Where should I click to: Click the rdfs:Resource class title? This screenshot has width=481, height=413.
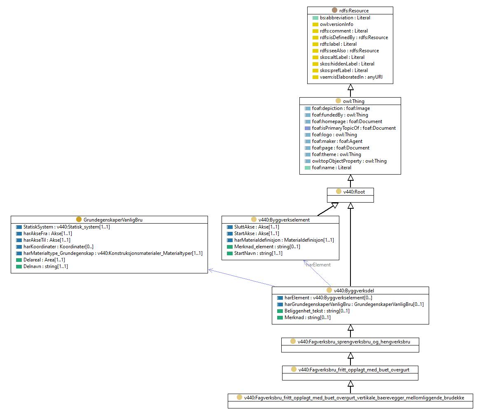(354, 11)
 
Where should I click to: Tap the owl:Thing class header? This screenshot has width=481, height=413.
(353, 101)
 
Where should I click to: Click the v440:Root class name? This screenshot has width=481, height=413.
(354, 192)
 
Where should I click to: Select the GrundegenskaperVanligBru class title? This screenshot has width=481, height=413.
(113, 220)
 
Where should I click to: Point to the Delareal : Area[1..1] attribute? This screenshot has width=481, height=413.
(44, 259)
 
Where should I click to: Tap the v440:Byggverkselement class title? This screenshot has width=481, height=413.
(284, 220)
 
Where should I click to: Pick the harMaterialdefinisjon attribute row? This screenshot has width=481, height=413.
(284, 240)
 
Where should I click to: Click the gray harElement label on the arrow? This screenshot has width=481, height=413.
(318, 265)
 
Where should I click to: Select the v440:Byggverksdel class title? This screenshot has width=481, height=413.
(354, 291)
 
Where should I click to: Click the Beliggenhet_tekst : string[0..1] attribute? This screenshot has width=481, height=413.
(317, 311)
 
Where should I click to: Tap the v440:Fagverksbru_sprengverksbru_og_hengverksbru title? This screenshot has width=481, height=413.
(354, 342)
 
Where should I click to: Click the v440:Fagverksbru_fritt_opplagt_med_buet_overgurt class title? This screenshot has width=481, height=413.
(354, 370)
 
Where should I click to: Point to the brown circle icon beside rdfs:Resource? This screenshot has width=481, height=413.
(335, 10)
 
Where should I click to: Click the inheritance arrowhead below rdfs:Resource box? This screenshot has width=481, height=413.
(350, 87)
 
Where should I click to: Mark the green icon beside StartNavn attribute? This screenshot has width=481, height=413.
(230, 254)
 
